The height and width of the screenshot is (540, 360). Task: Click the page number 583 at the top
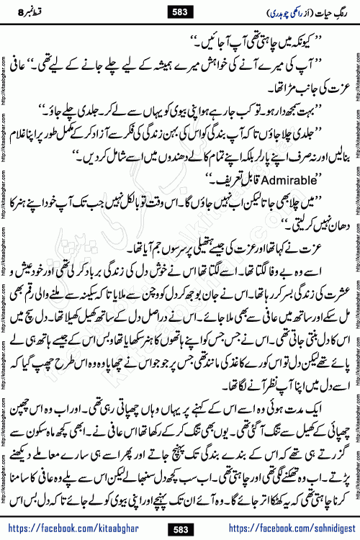click(x=179, y=12)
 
